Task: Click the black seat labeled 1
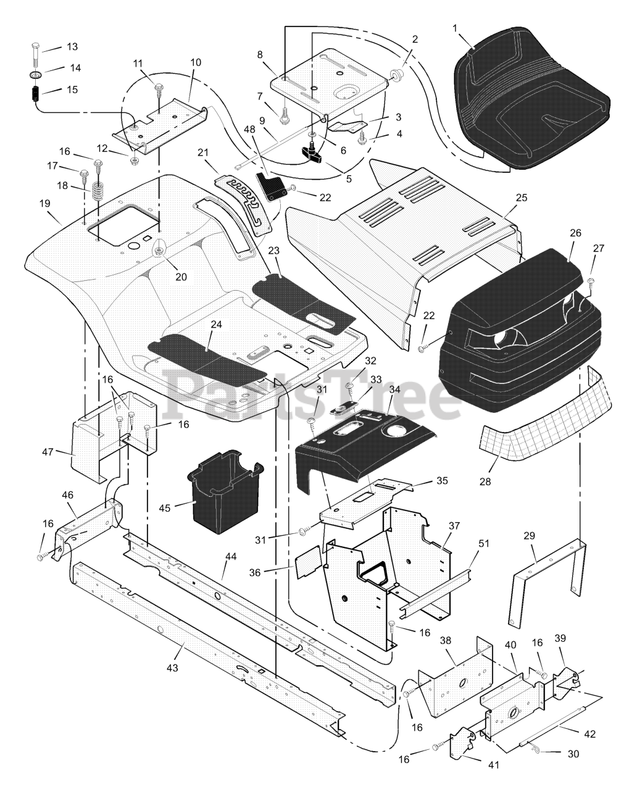[531, 99]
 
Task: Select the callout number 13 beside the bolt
[72, 47]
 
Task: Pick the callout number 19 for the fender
[45, 204]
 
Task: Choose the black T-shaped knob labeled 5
[312, 151]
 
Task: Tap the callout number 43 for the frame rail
[172, 667]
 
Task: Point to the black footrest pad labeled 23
[304, 301]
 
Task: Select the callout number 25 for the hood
[522, 197]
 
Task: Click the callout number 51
[484, 543]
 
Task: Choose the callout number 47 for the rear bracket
[48, 452]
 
